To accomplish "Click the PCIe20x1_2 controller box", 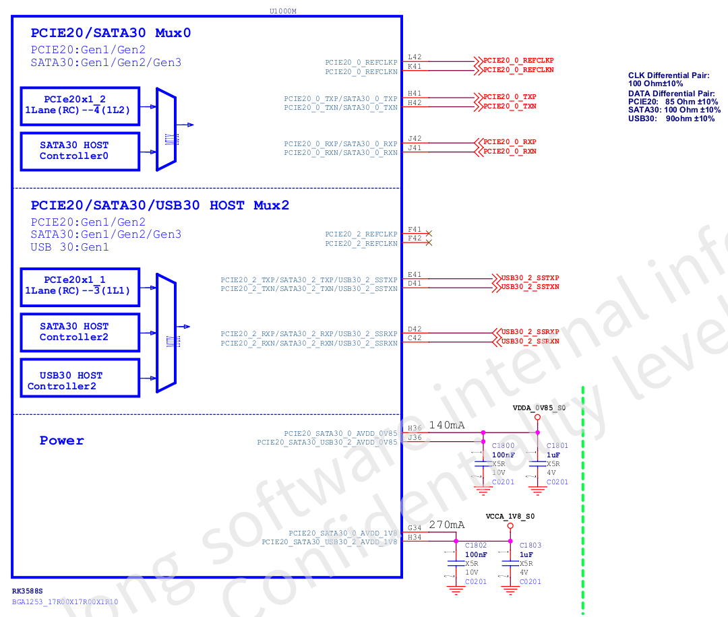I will pyautogui.click(x=80, y=105).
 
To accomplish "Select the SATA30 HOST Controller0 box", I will pyautogui.click(x=80, y=151).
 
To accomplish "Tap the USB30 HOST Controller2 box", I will pyautogui.click(x=80, y=381).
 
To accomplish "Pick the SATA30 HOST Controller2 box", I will pyautogui.click(x=80, y=332).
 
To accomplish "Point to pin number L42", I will pyautogui.click(x=415, y=57).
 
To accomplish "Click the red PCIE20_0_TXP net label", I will pyautogui.click(x=510, y=97).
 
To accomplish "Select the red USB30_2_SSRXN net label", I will pyautogui.click(x=530, y=342).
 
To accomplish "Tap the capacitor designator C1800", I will pyautogui.click(x=503, y=446).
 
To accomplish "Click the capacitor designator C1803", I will pyautogui.click(x=530, y=546).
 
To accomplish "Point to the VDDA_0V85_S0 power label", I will pyautogui.click(x=539, y=408).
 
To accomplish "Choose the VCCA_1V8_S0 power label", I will pyautogui.click(x=511, y=516).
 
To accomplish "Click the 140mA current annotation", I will pyautogui.click(x=447, y=425).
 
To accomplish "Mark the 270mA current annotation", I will pyautogui.click(x=447, y=525).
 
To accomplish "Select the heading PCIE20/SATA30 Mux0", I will pyautogui.click(x=111, y=33).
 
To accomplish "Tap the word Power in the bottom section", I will pyautogui.click(x=62, y=441).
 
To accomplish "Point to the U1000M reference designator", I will pyautogui.click(x=282, y=11).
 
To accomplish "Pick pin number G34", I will pyautogui.click(x=415, y=528).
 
